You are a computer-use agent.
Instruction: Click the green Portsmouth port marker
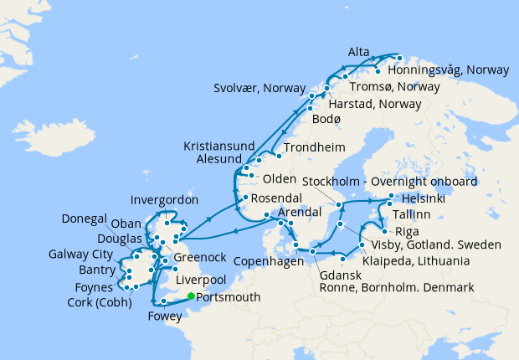coord(192,296)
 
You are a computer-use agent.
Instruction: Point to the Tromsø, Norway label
coord(400,87)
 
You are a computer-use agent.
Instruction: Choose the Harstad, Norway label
coord(375,105)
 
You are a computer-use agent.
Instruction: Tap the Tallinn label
coord(415,215)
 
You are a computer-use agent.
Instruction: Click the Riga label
coord(408,230)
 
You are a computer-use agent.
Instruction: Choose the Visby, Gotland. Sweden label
coord(434,245)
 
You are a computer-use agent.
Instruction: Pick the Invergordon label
coord(165,200)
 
